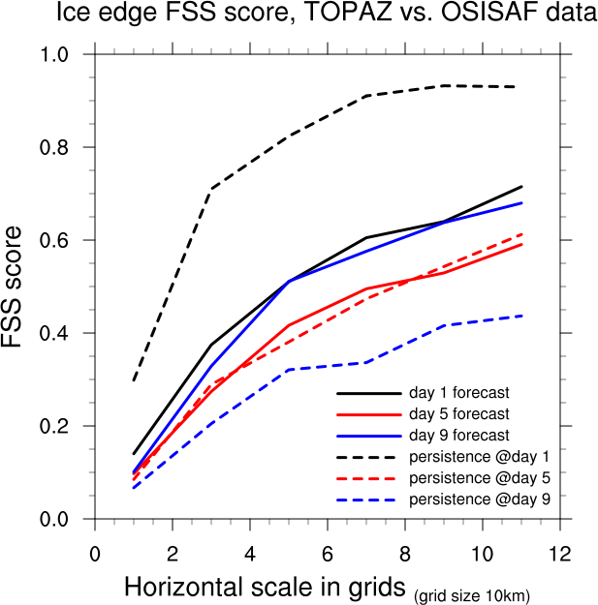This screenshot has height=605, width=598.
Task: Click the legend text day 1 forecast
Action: coord(459,393)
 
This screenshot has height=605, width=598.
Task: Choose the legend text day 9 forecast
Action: coord(459,436)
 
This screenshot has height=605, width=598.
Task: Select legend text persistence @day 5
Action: coord(481,478)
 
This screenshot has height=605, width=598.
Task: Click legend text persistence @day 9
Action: coord(481,499)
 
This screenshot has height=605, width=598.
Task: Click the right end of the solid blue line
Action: coord(521,202)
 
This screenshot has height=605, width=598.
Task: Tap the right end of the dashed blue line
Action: coord(521,316)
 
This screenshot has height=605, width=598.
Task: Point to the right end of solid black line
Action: coord(521,186)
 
